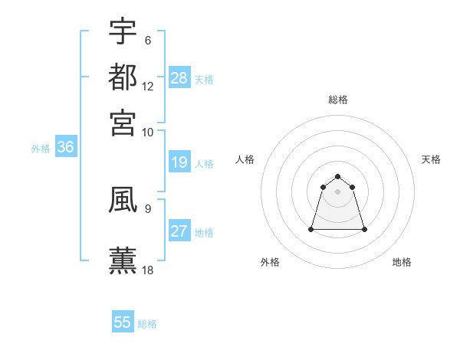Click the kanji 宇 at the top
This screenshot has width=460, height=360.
point(123,31)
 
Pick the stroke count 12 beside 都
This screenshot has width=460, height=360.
point(148,86)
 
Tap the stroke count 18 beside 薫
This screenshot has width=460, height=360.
point(148,270)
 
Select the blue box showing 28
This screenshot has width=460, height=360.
point(179,78)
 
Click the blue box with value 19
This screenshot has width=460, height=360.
point(179,162)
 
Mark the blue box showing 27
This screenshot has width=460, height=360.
point(179,231)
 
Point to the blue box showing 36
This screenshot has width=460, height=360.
point(65,148)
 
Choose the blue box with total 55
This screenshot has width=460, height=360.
point(123,322)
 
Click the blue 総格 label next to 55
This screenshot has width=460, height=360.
point(147,324)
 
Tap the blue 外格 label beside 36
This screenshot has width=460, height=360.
point(41,149)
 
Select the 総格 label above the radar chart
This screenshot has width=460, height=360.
point(337,100)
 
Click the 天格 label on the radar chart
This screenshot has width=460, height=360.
point(431,159)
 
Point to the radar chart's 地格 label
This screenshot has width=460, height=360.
point(402,262)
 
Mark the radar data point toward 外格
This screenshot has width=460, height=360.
point(312,229)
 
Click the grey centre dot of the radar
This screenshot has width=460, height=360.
point(337,191)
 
